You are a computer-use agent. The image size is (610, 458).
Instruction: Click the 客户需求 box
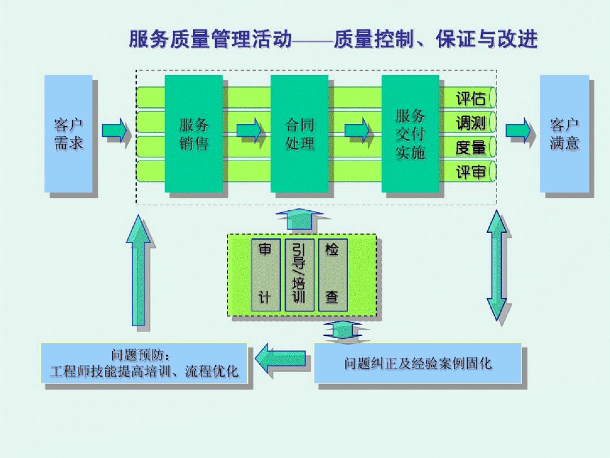[x=68, y=133]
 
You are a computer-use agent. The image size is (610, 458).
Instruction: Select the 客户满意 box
[x=564, y=133]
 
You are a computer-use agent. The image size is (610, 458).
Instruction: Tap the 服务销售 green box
[x=194, y=133]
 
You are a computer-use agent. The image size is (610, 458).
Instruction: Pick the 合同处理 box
[x=299, y=133]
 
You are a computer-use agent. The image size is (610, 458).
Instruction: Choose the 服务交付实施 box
[x=410, y=133]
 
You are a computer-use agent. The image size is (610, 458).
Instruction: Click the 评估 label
[x=470, y=98]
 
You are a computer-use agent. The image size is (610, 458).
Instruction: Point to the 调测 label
[x=470, y=123]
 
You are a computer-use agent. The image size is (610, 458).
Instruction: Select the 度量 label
[x=470, y=148]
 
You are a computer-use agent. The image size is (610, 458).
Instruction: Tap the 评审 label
[x=470, y=172]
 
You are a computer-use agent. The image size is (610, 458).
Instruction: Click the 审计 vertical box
[x=265, y=275]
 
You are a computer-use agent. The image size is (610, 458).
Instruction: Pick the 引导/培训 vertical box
[x=299, y=275]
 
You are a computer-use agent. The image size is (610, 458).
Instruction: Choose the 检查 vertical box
[x=333, y=275]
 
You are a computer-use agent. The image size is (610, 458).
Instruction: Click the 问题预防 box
[x=144, y=363]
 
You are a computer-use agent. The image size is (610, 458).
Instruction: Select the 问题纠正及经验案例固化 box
[x=418, y=363]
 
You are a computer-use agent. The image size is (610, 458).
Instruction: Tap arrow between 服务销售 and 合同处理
[x=250, y=131]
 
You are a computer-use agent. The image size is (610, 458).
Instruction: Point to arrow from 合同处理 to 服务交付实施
[x=357, y=131]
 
